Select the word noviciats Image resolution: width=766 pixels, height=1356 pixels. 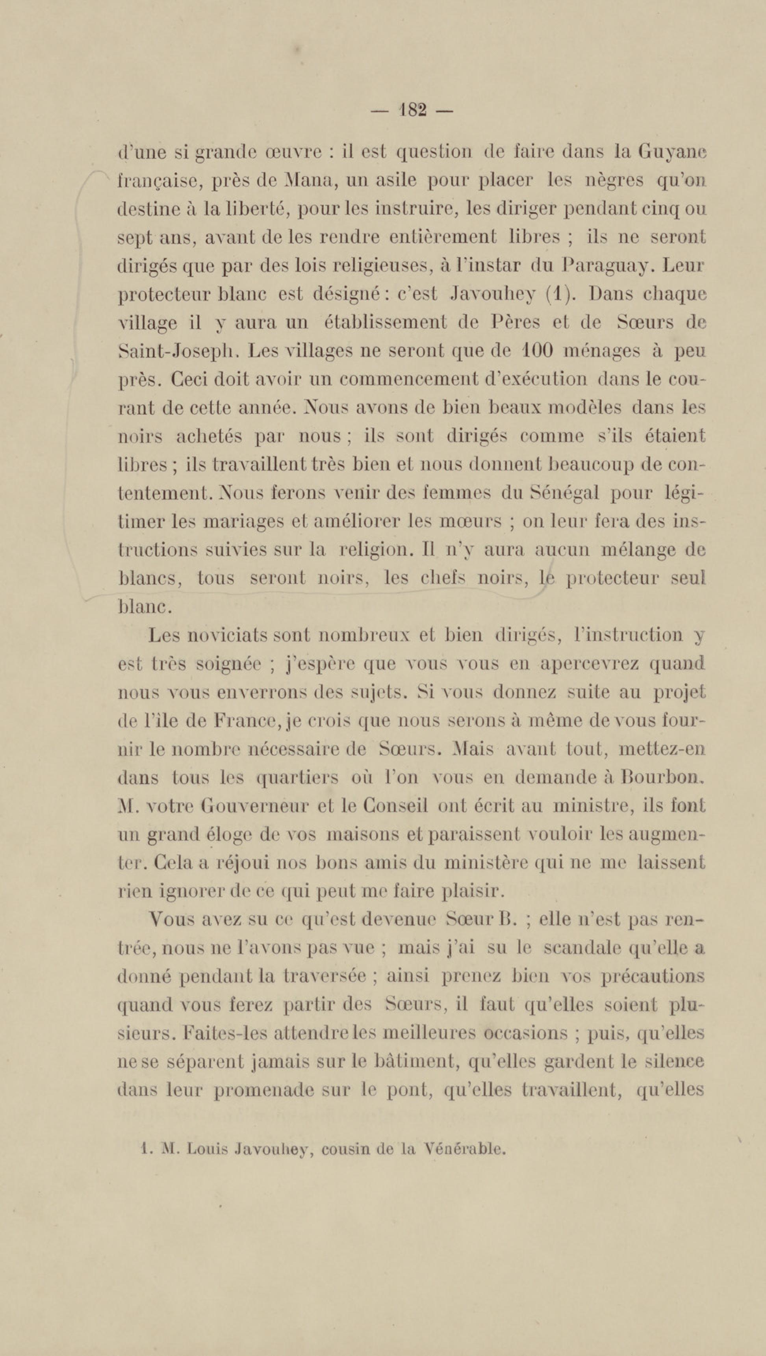(x=227, y=635)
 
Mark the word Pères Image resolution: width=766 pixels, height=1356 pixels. (x=515, y=322)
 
